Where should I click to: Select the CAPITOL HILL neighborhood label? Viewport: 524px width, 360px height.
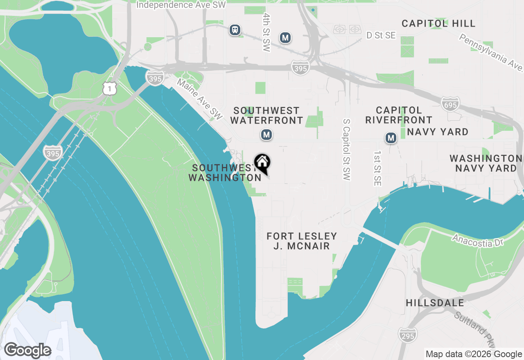tap(438, 23)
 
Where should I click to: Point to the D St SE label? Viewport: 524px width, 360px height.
tap(381, 36)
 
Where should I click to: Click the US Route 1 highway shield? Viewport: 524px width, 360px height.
tap(110, 88)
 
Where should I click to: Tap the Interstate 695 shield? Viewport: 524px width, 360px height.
tap(450, 104)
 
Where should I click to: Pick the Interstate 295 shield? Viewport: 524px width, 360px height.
tap(408, 335)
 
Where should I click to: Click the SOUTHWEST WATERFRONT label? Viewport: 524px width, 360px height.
tap(267, 115)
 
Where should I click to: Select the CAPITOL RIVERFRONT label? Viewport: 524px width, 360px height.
tap(399, 115)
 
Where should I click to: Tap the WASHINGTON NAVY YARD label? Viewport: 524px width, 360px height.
tap(486, 163)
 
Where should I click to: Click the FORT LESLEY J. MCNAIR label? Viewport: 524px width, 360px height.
tap(302, 241)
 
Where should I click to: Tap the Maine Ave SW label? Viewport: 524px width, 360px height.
tap(199, 99)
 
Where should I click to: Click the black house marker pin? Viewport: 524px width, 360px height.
tap(262, 163)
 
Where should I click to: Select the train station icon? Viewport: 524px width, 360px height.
tap(235, 29)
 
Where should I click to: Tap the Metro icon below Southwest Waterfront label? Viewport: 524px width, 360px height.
tap(267, 135)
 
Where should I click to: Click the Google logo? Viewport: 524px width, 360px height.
tap(27, 351)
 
